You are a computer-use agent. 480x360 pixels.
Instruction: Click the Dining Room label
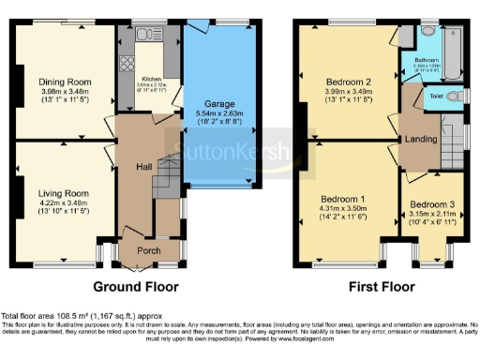point(57,82)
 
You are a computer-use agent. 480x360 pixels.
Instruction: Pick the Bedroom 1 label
point(343,202)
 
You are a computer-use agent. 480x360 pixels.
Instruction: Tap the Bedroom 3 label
point(431,204)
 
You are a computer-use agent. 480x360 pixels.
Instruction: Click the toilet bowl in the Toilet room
point(455,97)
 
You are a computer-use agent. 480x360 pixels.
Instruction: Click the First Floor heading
point(381,287)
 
